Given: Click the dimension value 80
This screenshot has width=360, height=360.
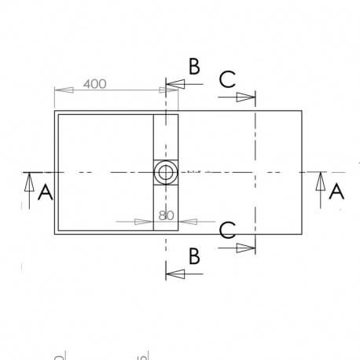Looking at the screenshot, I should click(x=166, y=214).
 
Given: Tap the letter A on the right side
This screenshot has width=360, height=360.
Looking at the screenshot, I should click(x=336, y=191).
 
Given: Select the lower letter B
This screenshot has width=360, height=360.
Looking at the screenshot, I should click(x=192, y=255).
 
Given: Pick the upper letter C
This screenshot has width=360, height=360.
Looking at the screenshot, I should click(x=226, y=79).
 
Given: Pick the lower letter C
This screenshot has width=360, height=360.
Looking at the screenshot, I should click(x=226, y=230).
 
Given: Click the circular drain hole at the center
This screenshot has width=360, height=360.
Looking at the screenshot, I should click(x=166, y=172).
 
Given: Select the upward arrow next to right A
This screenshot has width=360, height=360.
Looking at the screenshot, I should click(x=319, y=183).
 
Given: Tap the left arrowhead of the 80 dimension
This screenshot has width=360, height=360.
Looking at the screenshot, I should click(x=145, y=222).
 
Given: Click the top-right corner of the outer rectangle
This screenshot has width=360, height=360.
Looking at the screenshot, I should click(x=302, y=112).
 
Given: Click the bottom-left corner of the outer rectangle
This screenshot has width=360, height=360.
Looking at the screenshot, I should click(x=54, y=234).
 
